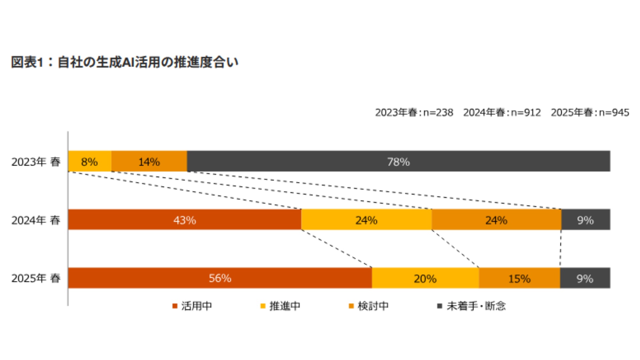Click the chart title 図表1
tap(124, 62)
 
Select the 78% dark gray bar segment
tap(398, 161)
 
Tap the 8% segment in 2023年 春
tap(89, 161)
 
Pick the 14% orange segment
tap(149, 161)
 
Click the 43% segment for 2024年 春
tap(184, 220)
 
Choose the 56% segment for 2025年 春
tap(220, 278)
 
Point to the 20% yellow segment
tap(425, 278)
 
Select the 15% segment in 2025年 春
tap(519, 278)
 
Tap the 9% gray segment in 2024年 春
tap(585, 220)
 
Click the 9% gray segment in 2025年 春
tap(585, 278)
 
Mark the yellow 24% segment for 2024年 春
tap(366, 220)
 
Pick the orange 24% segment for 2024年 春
tap(496, 220)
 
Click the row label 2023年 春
tap(36, 162)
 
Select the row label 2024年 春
tap(36, 220)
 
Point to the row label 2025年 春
tap(36, 278)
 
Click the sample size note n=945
tap(590, 113)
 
